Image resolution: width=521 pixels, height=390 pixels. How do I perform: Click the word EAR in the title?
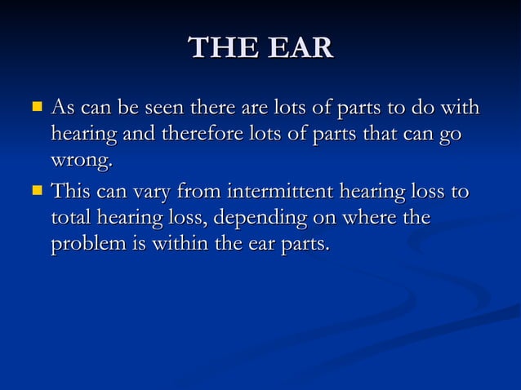click(297, 48)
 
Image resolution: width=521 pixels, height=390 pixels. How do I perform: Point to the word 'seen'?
click(163, 108)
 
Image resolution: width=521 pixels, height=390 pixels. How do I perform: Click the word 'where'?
click(365, 219)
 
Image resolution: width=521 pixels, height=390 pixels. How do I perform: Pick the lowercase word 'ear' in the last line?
click(260, 246)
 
